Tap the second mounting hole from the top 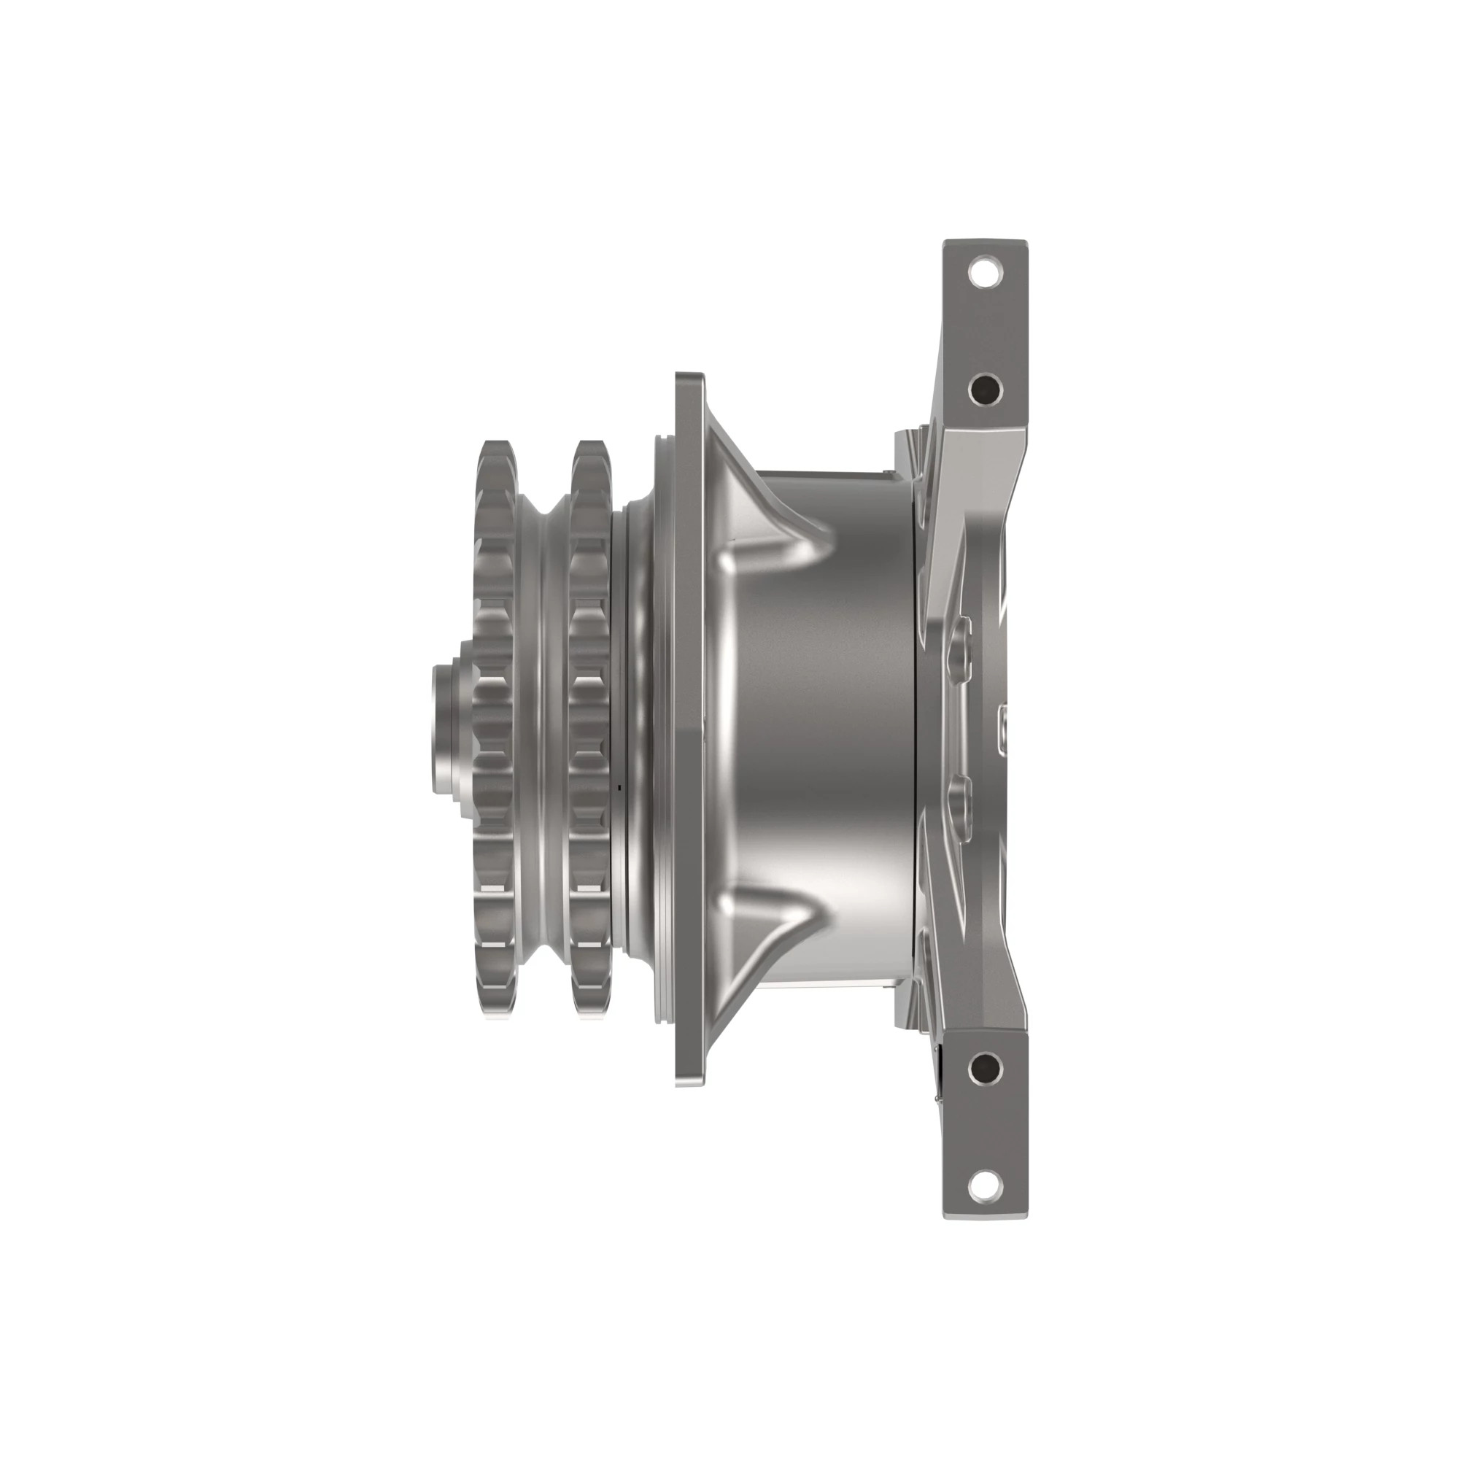(985, 389)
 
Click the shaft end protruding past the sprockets (446, 729)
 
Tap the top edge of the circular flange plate (689, 378)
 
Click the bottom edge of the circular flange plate (689, 1081)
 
